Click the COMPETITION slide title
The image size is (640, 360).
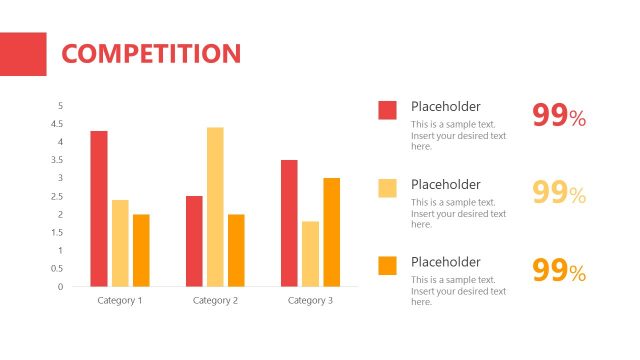(151, 54)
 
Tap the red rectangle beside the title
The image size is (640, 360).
(23, 54)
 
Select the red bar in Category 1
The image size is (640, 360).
(99, 208)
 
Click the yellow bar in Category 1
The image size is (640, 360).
(120, 243)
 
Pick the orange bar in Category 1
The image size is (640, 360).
(141, 250)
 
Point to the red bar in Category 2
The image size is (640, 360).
(194, 241)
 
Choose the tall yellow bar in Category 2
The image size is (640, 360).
(215, 207)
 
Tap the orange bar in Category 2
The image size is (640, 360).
(236, 250)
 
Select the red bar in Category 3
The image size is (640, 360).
(289, 223)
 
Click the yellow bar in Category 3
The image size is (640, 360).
(310, 254)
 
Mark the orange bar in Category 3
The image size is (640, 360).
(331, 232)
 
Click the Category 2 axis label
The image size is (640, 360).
(215, 300)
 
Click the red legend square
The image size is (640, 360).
(387, 110)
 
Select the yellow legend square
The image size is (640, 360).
(387, 187)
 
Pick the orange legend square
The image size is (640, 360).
(387, 265)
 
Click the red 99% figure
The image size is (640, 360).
(558, 117)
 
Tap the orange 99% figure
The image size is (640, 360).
(558, 271)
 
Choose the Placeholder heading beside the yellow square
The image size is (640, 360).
(446, 184)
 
